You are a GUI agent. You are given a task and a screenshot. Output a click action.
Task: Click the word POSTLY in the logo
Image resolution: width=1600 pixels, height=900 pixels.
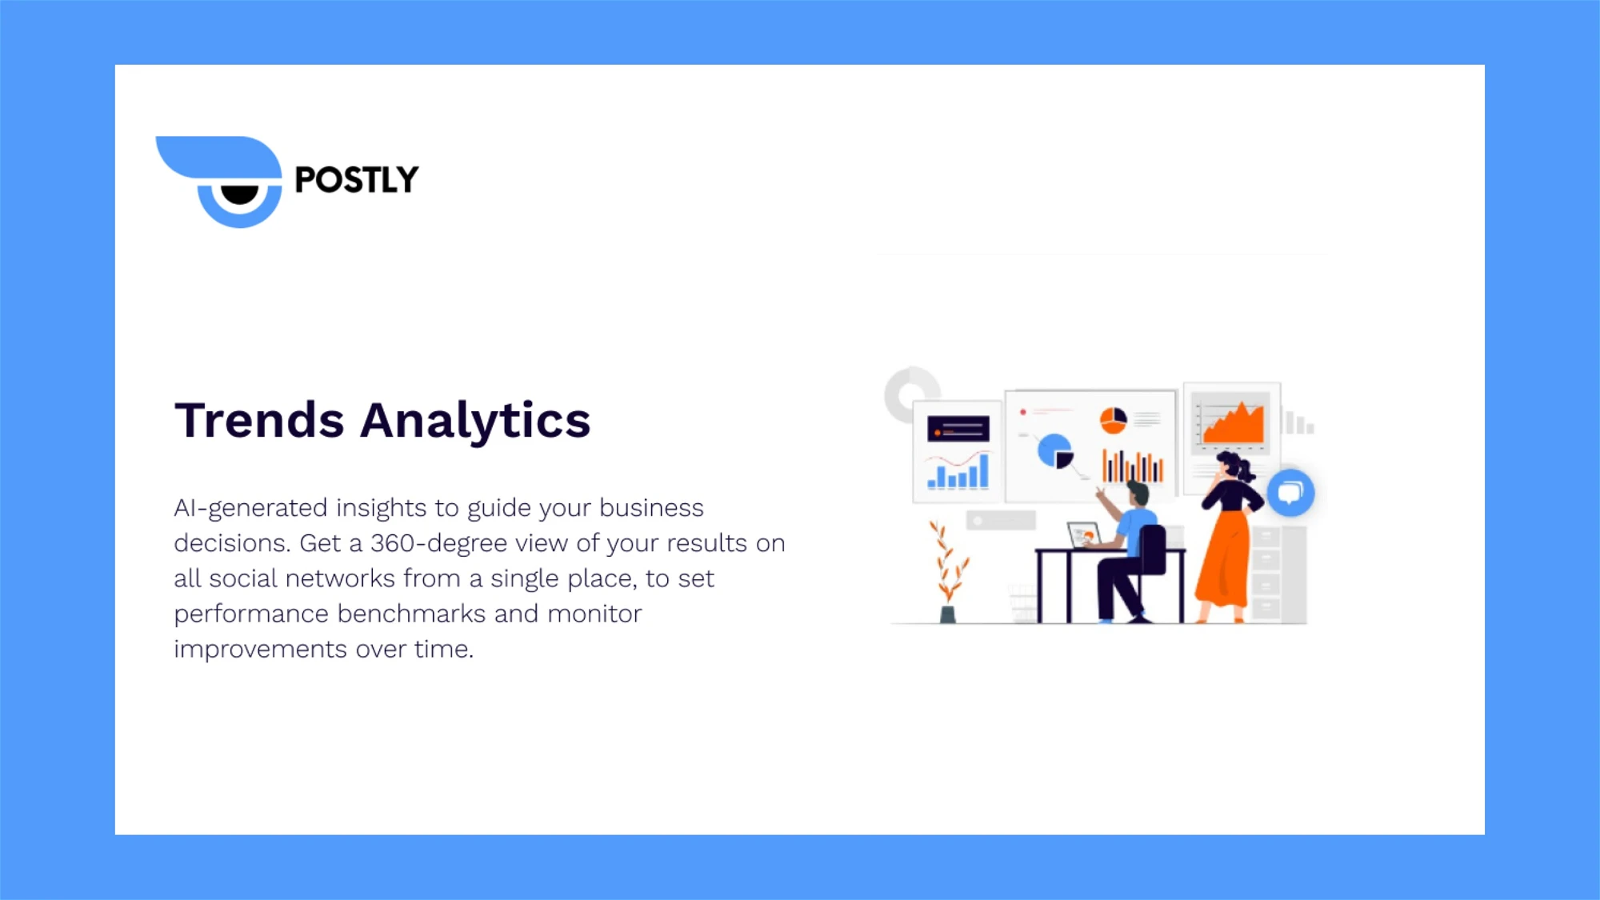pos(356,180)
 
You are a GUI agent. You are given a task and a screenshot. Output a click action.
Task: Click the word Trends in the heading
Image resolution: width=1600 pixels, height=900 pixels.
pos(259,420)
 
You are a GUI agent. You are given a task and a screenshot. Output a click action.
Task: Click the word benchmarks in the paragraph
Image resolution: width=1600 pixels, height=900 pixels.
pos(411,614)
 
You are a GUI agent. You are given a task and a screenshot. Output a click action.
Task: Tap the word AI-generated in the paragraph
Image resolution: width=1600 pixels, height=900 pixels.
pos(250,508)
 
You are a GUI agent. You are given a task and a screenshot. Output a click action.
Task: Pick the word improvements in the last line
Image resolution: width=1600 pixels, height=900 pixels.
pos(260,649)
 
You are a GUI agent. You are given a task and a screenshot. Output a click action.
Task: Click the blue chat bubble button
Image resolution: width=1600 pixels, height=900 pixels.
pos(1290,492)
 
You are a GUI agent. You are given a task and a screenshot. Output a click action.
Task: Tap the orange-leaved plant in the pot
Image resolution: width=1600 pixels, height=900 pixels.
pos(948,564)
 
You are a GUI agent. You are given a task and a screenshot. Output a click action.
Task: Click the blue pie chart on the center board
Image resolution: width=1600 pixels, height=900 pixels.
pos(1054,450)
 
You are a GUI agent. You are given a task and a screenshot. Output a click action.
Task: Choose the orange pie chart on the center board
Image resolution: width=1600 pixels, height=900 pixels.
pos(1113,419)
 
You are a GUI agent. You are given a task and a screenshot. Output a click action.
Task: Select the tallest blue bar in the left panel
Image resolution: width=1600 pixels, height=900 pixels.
pos(983,471)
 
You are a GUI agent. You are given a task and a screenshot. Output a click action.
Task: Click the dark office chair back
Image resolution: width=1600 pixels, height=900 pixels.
pos(1153,550)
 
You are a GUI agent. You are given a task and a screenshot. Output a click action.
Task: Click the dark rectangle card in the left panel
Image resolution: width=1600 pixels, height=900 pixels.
pos(958,430)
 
